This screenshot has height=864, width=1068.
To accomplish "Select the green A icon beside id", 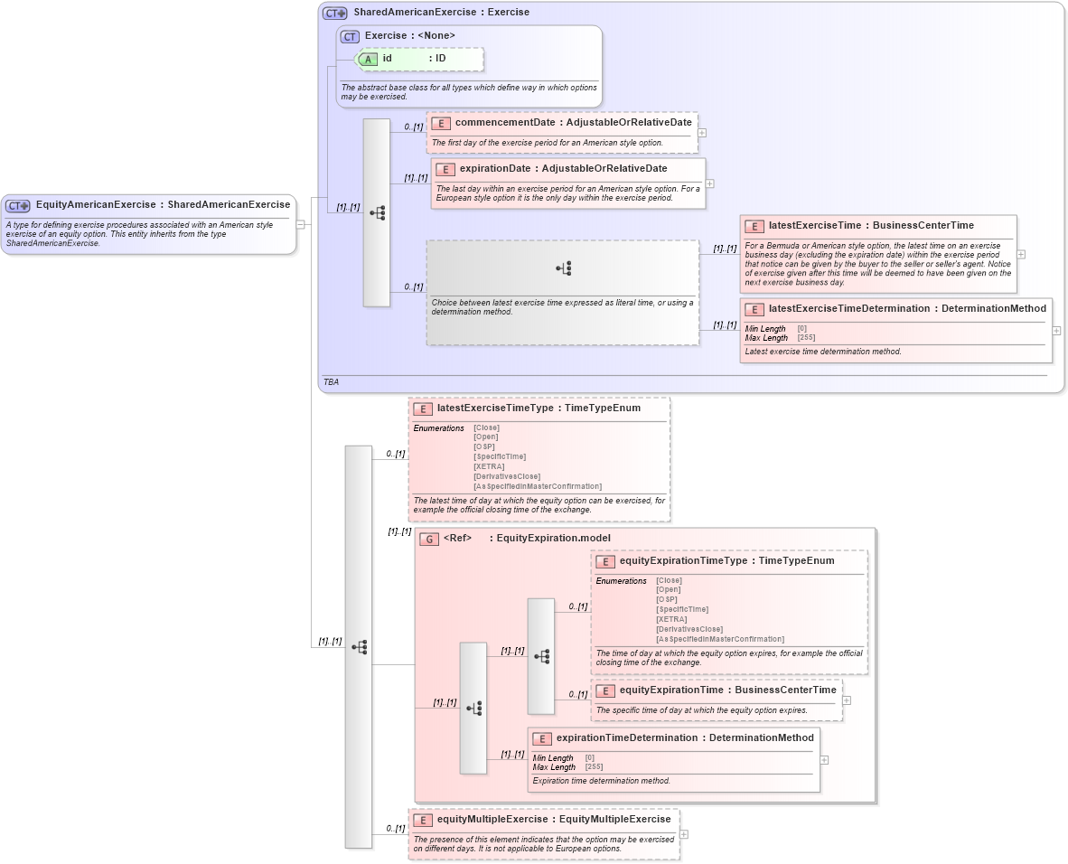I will [x=368, y=59].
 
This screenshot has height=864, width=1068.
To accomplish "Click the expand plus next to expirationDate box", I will [x=709, y=183].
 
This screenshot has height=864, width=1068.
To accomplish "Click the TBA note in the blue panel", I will [x=331, y=382].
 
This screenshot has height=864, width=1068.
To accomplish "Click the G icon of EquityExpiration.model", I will [x=430, y=539].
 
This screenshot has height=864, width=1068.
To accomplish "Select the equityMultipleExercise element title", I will [x=554, y=820].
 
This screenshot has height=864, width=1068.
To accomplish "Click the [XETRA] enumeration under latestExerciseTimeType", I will [x=489, y=466].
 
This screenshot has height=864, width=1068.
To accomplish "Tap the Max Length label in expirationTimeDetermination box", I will [x=554, y=767].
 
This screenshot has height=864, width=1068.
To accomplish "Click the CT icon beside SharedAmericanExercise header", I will [x=335, y=13].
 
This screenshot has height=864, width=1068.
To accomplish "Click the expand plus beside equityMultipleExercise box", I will [x=684, y=835].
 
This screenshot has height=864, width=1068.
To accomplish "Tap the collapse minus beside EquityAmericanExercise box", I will [x=301, y=224].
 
